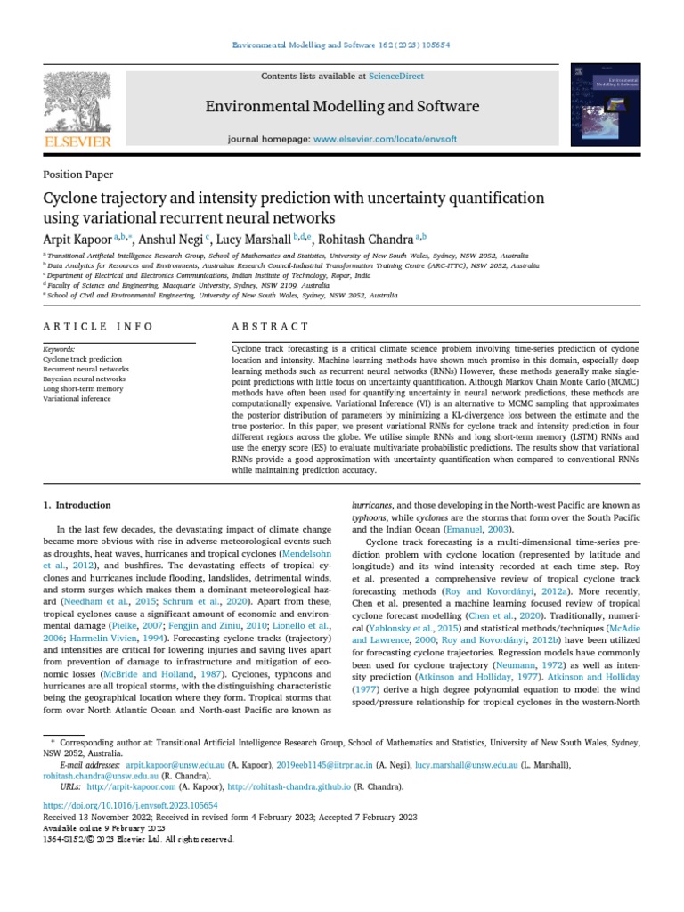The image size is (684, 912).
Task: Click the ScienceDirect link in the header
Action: pos(396,77)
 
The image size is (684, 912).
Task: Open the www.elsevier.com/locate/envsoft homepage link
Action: pos(383,140)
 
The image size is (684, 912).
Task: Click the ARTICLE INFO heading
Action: pos(98,327)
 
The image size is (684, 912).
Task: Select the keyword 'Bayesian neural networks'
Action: pos(85,379)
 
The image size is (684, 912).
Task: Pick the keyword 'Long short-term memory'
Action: pos(83,388)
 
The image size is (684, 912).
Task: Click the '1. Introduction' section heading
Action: pos(77,505)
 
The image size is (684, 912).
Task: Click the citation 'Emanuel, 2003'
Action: pos(485,529)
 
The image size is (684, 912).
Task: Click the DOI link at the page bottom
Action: pos(130,805)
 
